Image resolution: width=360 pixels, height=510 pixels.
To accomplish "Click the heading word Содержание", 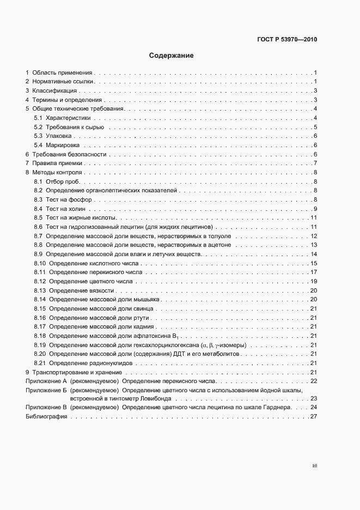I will pos(171,56).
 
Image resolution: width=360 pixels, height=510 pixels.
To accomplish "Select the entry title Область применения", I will pos(63,72).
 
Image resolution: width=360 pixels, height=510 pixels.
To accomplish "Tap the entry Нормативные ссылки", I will pos(63,82).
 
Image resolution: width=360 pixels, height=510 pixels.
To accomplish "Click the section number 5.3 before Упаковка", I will pos(38,135).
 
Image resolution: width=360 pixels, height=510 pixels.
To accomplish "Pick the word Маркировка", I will pos(63,145).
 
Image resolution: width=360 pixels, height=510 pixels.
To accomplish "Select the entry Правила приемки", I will pos(57,163).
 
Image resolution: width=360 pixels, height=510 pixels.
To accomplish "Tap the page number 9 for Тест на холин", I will pos(315,209).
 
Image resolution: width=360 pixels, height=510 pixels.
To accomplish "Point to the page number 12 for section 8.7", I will pos(314,236).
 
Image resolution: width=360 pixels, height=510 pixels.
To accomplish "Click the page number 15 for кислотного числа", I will pos(314,264).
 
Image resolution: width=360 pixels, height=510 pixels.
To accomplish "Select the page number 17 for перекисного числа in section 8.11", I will pos(314,272).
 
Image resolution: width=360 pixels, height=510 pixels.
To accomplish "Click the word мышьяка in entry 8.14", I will pos(146,299).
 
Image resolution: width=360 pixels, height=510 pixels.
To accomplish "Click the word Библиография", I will pos(46,417).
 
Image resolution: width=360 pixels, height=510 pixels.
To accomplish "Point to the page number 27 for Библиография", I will pos(314,417).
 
